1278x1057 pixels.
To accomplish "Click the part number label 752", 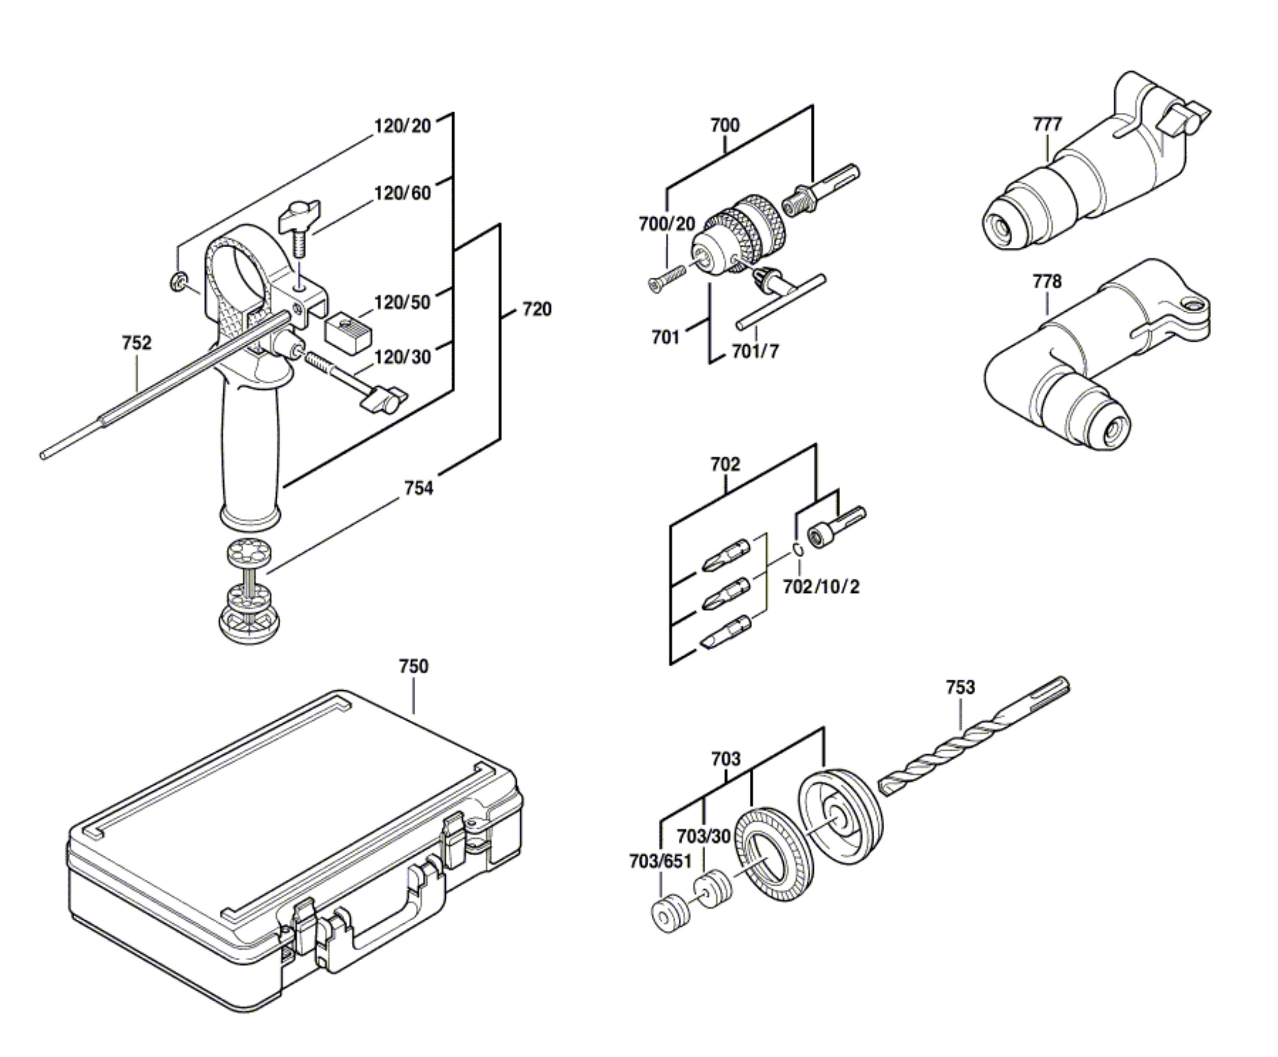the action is (x=136, y=343).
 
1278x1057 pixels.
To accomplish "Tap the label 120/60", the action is (x=402, y=193).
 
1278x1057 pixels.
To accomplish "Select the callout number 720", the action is (x=537, y=309).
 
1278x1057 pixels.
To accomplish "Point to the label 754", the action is (x=419, y=488).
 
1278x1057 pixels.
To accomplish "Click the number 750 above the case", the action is (x=413, y=666).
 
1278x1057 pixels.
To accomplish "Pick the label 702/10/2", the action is (x=821, y=587).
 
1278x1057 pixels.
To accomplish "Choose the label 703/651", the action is (x=660, y=862).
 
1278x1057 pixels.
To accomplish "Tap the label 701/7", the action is (x=755, y=352).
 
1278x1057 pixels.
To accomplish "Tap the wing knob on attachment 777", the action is (x=1184, y=120).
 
